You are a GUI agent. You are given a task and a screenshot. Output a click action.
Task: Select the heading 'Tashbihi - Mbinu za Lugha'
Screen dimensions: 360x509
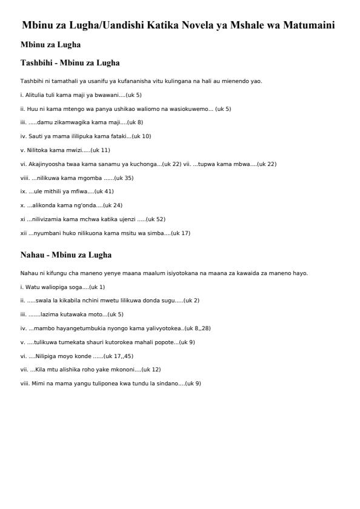pyautogui.click(x=70, y=63)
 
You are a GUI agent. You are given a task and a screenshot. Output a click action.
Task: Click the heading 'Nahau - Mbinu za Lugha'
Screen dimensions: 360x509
pyautogui.click(x=66, y=255)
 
